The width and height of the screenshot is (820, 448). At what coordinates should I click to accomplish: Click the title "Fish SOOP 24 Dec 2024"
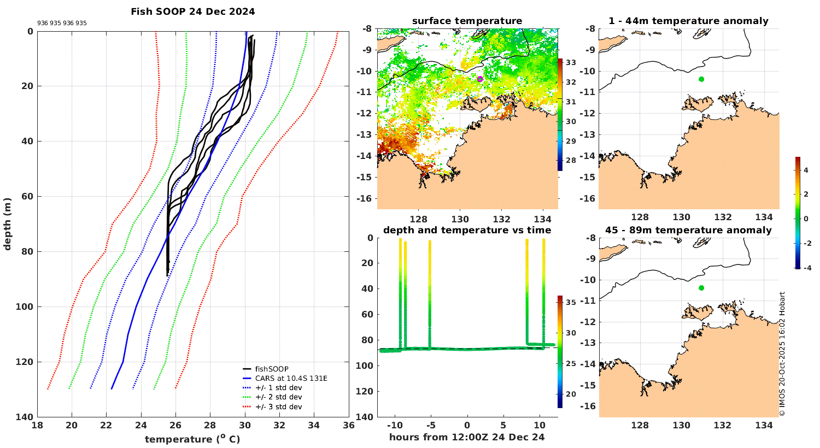pos(192,11)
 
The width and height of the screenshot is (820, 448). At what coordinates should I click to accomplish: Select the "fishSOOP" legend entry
pos(272,369)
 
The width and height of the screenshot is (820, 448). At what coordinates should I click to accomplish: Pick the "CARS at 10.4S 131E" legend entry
pos(291,378)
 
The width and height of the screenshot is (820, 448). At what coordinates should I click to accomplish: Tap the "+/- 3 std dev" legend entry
pos(278,406)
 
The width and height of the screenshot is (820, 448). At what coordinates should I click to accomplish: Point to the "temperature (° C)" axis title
pos(192,439)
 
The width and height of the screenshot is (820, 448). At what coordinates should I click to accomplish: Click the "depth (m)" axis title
pos(8,224)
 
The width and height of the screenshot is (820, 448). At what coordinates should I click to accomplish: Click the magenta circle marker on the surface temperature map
pos(480,79)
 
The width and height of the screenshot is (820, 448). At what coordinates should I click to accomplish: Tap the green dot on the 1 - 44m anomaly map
pos(701,79)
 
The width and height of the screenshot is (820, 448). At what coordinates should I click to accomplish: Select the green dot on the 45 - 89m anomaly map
pos(701,288)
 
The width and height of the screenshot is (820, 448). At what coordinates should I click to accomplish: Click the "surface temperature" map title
pos(467,21)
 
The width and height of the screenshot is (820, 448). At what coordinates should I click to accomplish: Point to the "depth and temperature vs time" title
pos(467,230)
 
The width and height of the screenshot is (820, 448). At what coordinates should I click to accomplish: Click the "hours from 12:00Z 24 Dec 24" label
pos(467,437)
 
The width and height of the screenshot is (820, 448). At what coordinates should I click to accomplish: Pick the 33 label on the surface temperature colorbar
pos(571,62)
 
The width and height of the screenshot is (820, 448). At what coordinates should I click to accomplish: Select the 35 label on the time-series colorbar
pos(571,302)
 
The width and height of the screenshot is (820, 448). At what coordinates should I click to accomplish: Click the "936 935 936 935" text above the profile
pos(62,23)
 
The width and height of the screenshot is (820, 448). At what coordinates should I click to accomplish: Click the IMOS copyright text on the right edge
pos(782,354)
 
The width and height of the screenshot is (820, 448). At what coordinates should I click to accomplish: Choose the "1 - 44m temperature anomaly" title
pos(688,21)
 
